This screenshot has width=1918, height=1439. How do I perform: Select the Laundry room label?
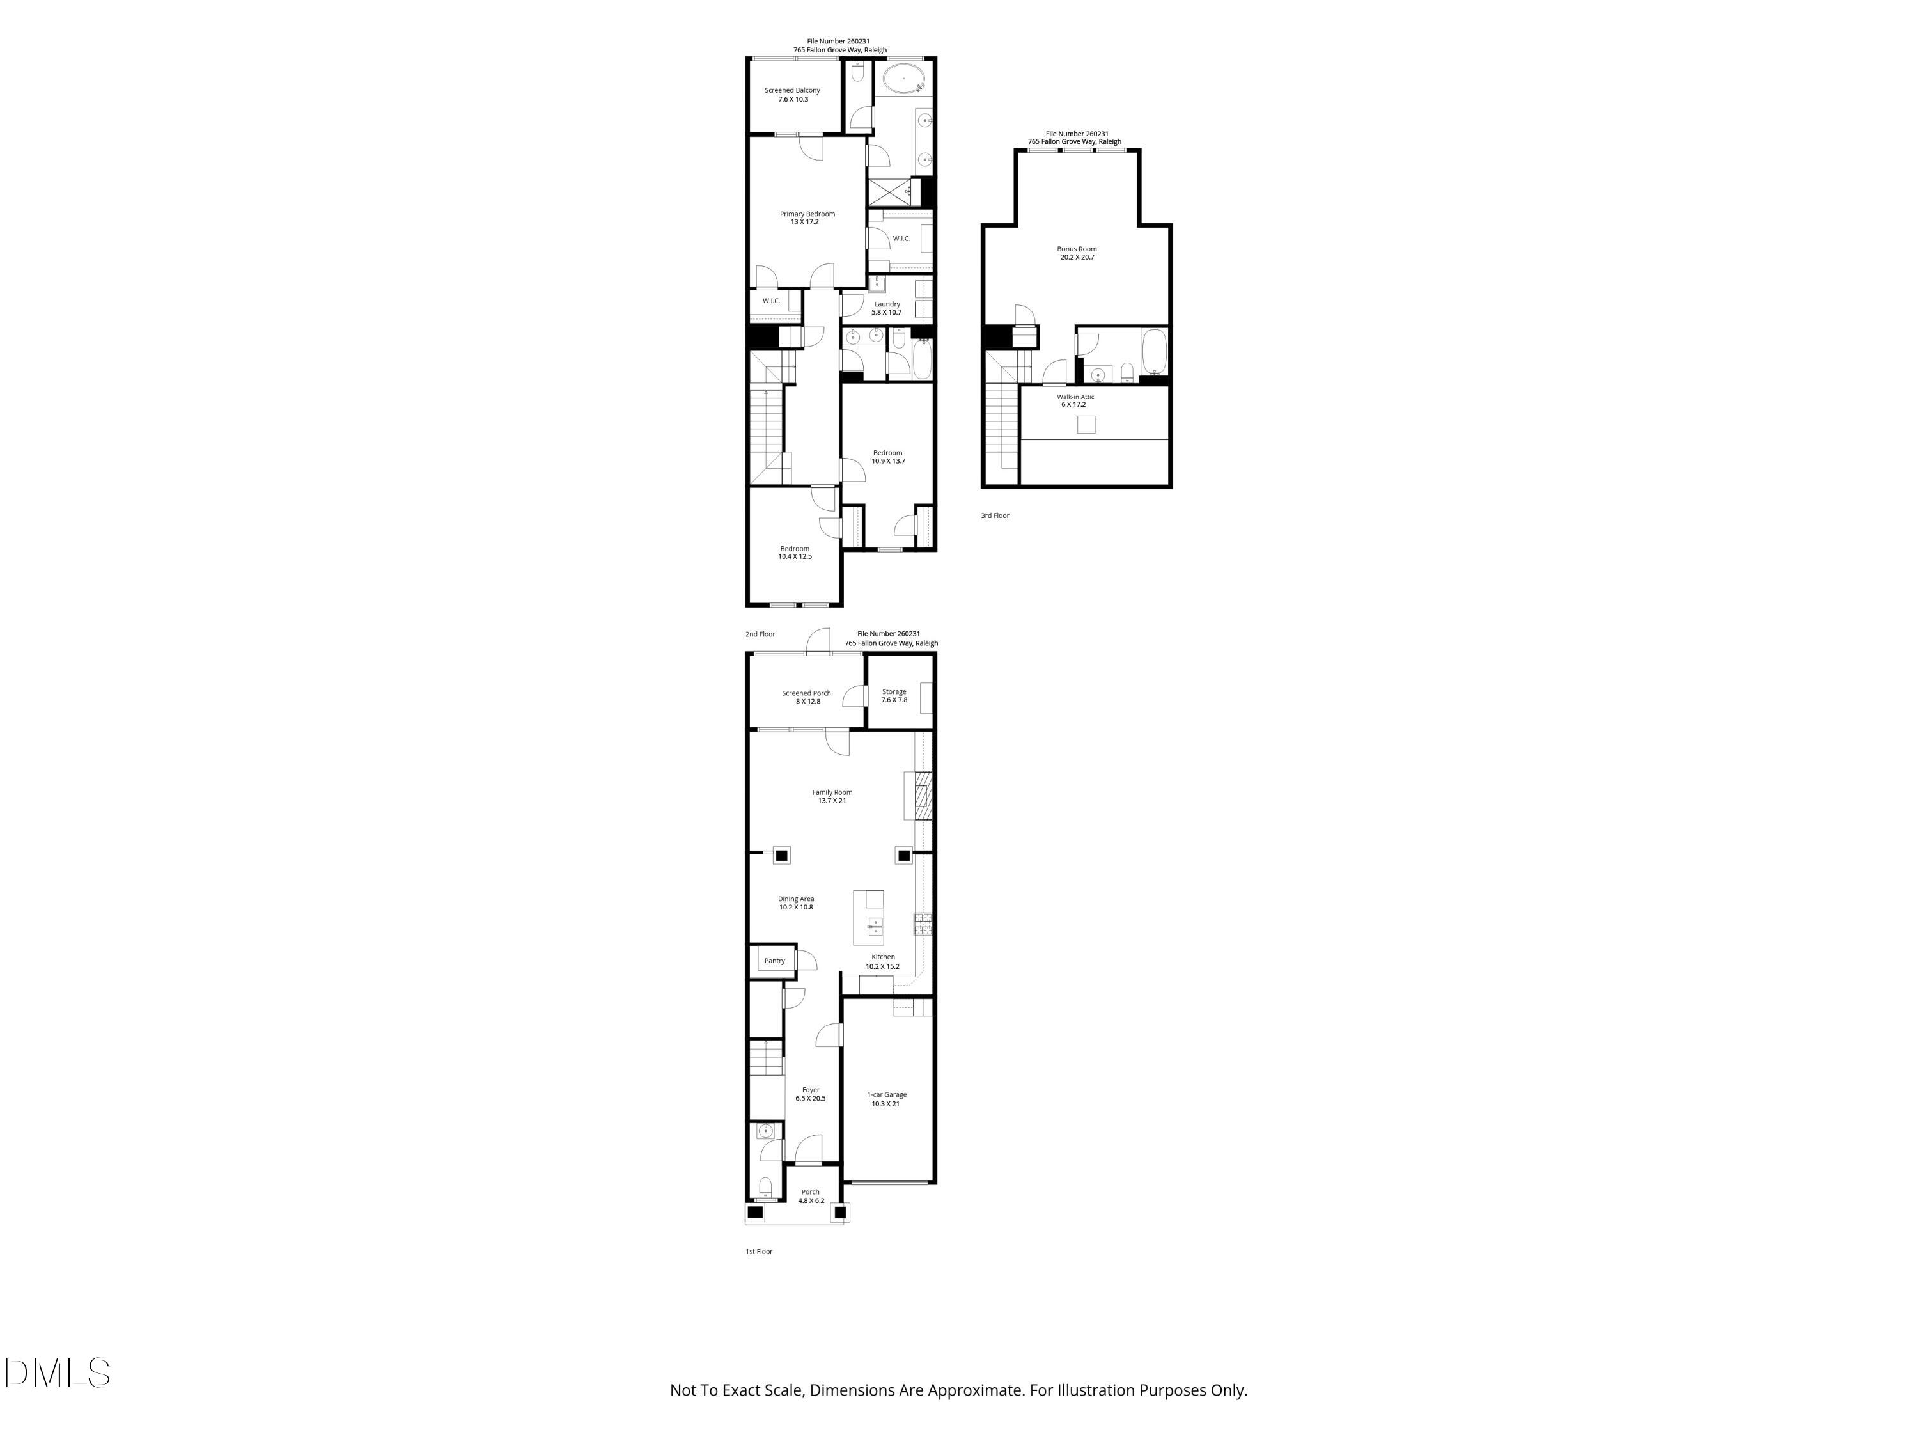[x=886, y=308]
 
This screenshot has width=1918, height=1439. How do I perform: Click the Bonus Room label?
[x=1076, y=253]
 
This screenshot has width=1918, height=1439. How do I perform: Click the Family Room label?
[x=832, y=796]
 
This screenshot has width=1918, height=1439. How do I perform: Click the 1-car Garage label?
[x=887, y=1099]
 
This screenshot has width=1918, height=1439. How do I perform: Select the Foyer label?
[x=810, y=1094]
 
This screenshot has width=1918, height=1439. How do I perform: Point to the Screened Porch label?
[x=806, y=696]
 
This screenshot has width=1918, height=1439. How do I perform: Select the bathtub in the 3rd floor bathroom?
[x=1154, y=352]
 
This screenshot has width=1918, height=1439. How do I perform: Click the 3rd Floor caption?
[x=995, y=516]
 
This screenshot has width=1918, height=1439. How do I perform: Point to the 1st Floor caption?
[x=759, y=1252]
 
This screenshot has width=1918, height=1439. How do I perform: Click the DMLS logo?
[x=58, y=1373]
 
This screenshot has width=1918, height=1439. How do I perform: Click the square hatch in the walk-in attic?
[x=1086, y=424]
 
